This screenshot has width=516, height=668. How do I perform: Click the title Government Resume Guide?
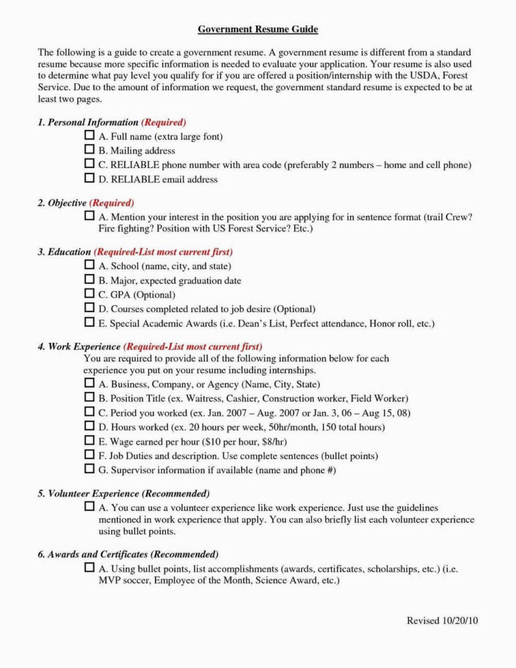258,30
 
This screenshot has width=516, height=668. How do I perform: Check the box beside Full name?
90,136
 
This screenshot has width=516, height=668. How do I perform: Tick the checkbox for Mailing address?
90,149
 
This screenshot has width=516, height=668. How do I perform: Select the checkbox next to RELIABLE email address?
90,178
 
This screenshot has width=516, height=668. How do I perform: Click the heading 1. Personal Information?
88,122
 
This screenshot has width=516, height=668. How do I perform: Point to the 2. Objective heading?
62,203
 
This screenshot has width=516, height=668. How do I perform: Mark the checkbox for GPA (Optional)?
90,294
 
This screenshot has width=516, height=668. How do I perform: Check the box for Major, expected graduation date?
90,280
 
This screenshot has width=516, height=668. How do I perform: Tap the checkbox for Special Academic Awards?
90,322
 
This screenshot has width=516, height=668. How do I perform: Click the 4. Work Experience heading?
79,346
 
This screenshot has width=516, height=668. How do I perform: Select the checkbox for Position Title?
90,397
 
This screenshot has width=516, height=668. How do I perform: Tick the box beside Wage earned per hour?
90,441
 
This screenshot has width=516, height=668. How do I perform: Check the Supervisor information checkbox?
90,469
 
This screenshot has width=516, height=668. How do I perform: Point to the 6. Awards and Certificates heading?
93,554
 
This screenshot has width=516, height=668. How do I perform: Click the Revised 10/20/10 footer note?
442,620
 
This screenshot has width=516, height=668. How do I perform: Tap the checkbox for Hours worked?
90,426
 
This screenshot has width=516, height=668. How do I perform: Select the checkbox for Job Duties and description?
90,455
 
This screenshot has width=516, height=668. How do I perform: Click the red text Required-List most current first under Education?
163,252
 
